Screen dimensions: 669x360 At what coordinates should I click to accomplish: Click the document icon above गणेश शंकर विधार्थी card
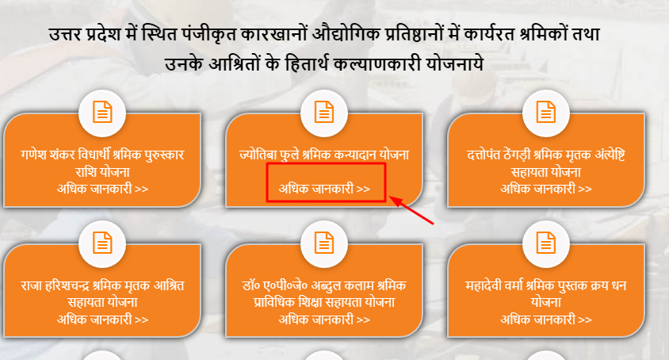(102, 112)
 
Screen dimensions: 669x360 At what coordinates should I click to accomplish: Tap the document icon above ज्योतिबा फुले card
(324, 112)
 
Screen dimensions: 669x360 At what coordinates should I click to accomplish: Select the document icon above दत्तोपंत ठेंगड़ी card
(546, 112)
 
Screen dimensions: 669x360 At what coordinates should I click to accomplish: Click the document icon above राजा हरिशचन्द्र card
(102, 243)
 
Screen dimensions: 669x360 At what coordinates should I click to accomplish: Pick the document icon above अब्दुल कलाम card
(324, 243)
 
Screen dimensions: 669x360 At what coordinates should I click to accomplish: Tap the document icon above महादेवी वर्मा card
(546, 243)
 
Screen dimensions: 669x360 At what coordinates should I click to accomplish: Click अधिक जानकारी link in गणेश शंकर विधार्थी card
(103, 189)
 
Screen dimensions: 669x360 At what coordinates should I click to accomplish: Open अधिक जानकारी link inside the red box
(324, 189)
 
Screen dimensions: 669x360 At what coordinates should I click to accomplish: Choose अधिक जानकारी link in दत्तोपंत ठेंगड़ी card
(546, 189)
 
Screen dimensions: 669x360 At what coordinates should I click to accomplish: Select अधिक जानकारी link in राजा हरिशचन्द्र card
(103, 320)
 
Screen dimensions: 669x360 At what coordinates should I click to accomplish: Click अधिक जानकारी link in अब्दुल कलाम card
(324, 320)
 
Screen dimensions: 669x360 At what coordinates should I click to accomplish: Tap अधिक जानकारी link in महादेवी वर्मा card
(546, 320)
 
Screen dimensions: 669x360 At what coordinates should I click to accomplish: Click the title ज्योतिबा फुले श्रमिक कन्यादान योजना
(324, 155)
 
